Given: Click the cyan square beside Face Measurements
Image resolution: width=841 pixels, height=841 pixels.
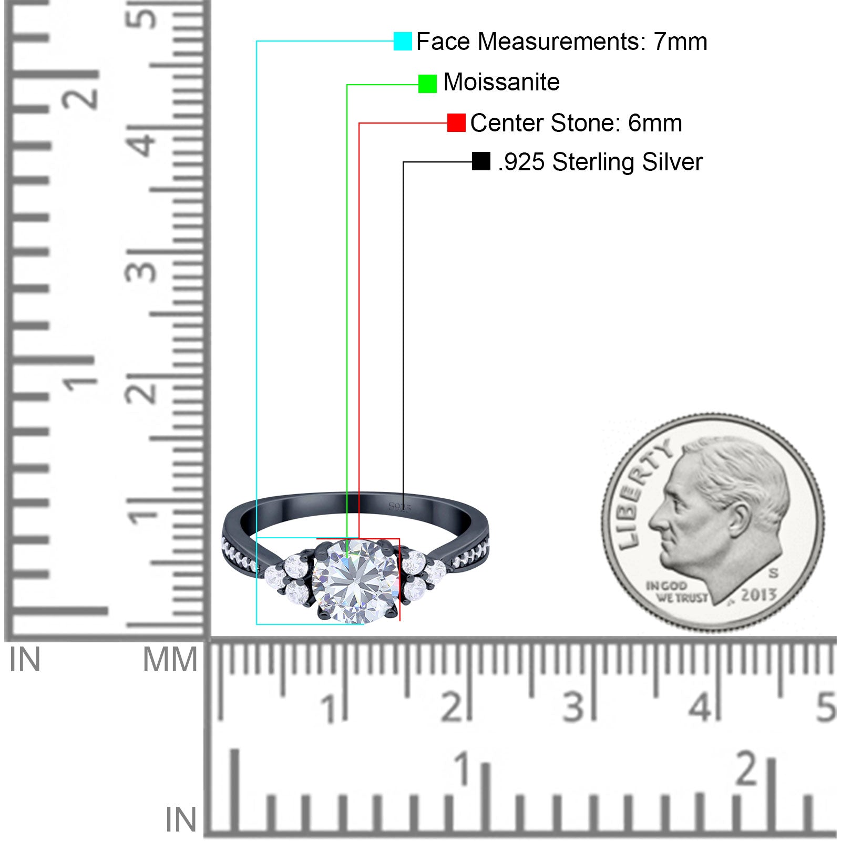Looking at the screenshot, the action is [x=403, y=41].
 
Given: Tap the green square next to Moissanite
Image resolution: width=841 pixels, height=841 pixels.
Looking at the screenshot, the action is [x=427, y=84].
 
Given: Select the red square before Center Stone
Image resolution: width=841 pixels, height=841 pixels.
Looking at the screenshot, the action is [x=456, y=123].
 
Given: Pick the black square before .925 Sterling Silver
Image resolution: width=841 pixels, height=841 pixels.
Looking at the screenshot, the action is [x=481, y=161].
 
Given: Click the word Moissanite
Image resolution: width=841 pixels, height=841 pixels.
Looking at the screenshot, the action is [x=501, y=82].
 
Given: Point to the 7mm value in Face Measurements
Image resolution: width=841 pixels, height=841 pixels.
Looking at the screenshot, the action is [x=680, y=42].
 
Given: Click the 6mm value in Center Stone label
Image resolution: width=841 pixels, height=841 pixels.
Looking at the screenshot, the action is [x=655, y=123].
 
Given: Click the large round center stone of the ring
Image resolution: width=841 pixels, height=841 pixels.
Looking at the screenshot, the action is [x=355, y=581].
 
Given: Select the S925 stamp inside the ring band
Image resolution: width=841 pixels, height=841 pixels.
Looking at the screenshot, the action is [x=399, y=507].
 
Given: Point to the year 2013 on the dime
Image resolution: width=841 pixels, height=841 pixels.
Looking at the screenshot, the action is [x=758, y=594].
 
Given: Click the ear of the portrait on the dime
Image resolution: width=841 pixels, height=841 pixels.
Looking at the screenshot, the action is [x=739, y=518].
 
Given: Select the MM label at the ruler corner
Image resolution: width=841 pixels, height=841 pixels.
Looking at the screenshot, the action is [x=170, y=660].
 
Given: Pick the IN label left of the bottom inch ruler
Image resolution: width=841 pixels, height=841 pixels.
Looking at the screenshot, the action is [x=181, y=819].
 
